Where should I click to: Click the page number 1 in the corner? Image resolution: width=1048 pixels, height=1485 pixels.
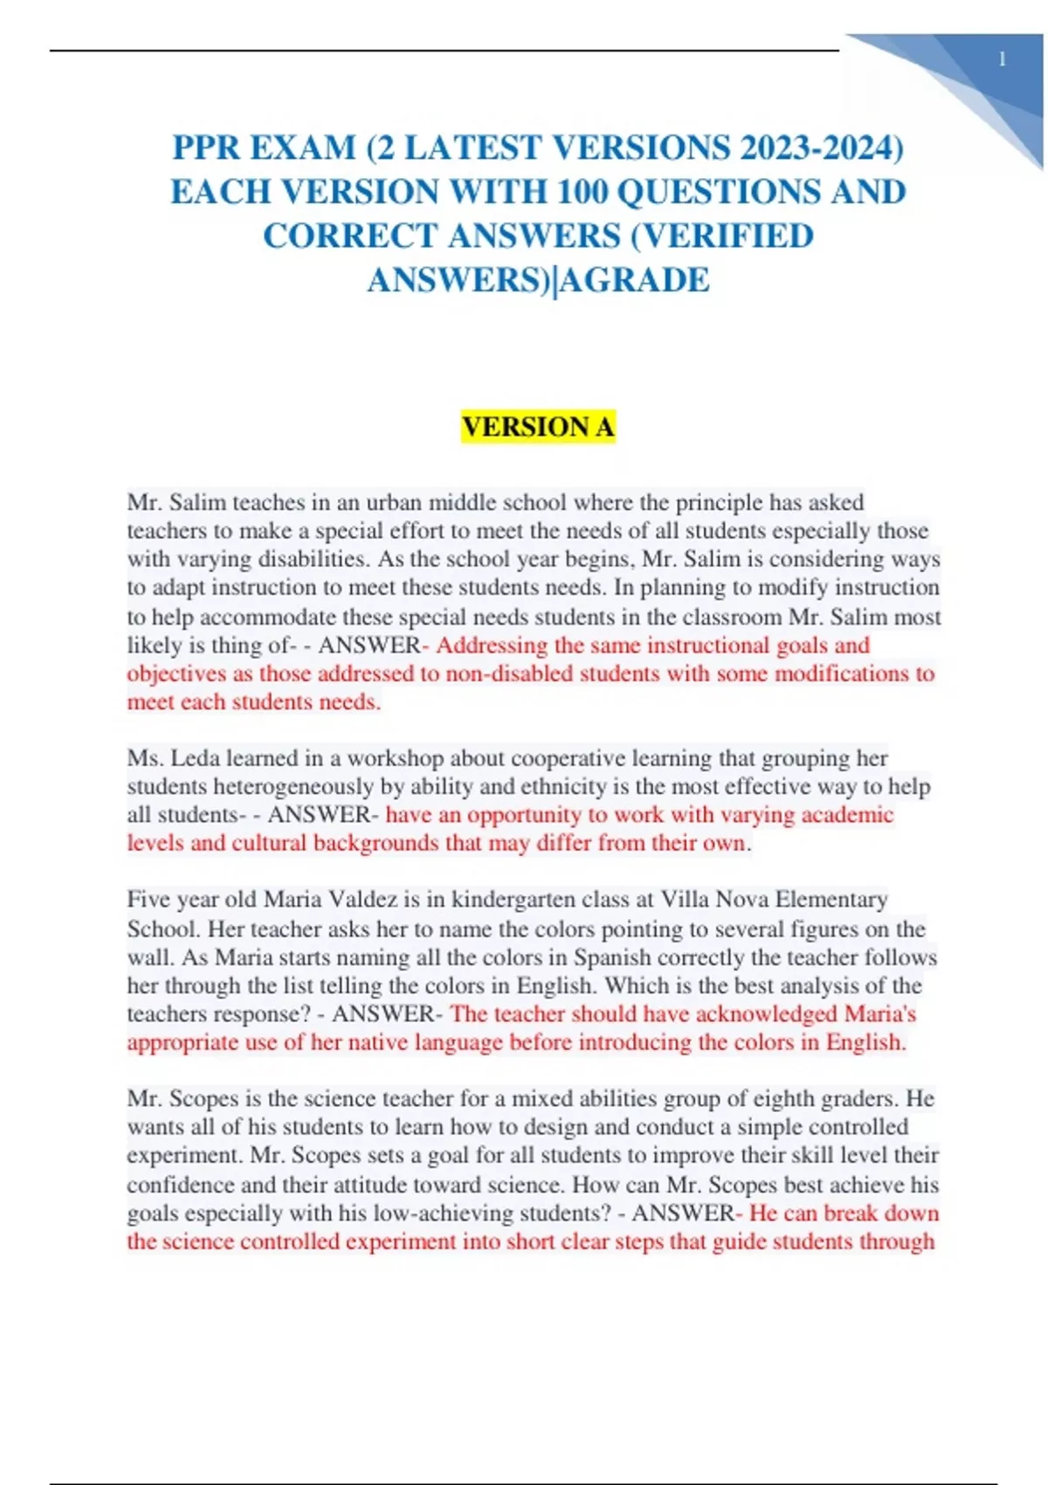pyautogui.click(x=1002, y=59)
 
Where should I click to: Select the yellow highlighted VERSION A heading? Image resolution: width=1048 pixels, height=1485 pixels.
pyautogui.click(x=538, y=426)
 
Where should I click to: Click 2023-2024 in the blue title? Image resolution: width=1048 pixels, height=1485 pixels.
pyautogui.click(x=822, y=148)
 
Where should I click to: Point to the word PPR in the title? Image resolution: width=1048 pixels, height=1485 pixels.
pyautogui.click(x=206, y=148)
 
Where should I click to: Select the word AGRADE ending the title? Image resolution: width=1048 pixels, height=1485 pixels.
pyautogui.click(x=635, y=280)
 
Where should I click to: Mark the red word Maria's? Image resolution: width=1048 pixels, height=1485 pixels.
pyautogui.click(x=880, y=1013)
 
